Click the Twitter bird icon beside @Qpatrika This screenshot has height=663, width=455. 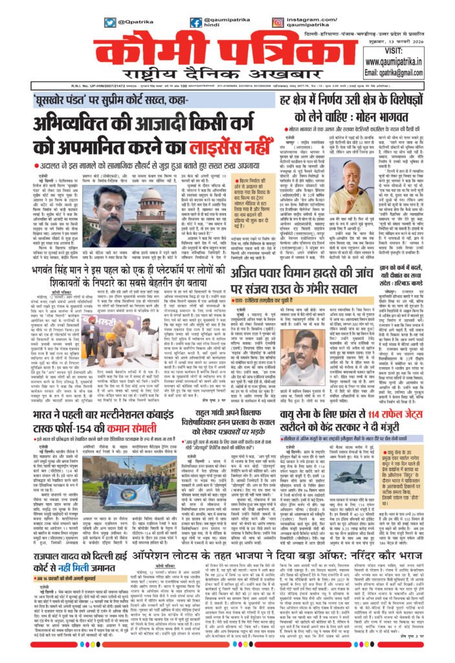coord(110,22)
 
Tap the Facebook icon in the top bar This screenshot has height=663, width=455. coord(195,22)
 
